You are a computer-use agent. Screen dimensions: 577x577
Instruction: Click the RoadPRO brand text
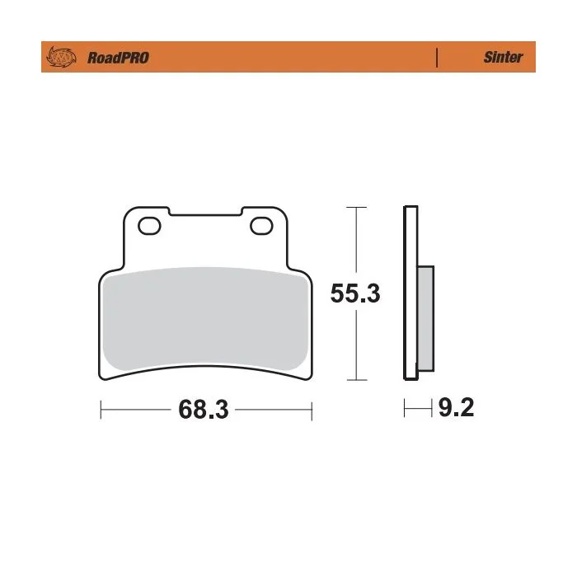118,58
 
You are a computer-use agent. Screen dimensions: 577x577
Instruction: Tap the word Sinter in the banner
503,57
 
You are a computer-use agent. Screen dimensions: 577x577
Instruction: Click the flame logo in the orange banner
61,57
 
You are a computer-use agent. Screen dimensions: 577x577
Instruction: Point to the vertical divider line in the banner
437,58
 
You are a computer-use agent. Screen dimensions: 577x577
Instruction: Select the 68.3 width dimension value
204,409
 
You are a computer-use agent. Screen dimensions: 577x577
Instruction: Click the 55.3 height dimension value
355,293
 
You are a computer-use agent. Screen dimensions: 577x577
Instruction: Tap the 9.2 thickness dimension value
456,407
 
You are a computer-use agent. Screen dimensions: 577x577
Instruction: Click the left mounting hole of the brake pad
149,226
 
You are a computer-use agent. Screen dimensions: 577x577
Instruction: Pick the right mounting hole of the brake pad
261,226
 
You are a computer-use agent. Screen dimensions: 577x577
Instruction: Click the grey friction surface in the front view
205,318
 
